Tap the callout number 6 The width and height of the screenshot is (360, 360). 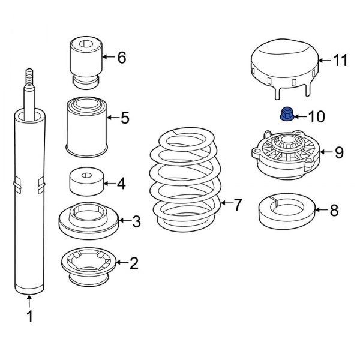click(122, 58)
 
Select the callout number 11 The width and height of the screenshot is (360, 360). click(340, 60)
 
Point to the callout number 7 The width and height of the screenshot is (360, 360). click(238, 205)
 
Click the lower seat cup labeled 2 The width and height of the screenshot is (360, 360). click(86, 265)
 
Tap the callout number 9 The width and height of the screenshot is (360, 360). click(339, 152)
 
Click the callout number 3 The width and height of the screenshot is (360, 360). click(136, 222)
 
